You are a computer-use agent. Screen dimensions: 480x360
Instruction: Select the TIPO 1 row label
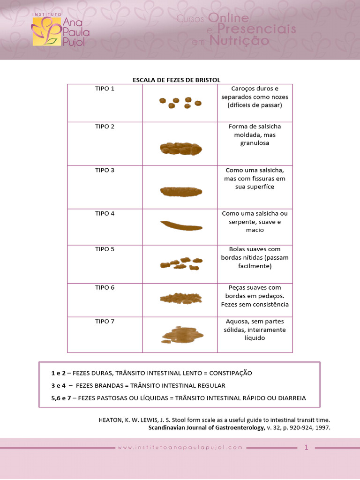pyautogui.click(x=105, y=89)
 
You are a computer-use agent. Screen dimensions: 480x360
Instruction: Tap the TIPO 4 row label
pyautogui.click(x=105, y=214)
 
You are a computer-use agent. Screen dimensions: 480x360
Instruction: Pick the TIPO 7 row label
pyautogui.click(x=105, y=322)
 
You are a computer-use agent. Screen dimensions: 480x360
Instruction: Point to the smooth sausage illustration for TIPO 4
pyautogui.click(x=181, y=225)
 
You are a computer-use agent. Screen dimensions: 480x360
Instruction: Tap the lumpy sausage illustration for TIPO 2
pyautogui.click(x=181, y=149)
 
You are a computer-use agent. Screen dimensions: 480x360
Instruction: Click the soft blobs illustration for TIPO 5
pyautogui.click(x=181, y=264)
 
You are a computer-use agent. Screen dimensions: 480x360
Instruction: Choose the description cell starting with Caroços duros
pyautogui.click(x=255, y=97)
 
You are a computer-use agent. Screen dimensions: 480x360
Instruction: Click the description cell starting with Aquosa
pyautogui.click(x=255, y=330)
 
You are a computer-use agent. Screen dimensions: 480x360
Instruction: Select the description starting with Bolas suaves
pyautogui.click(x=255, y=257)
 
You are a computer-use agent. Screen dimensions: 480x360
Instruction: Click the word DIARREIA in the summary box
pyautogui.click(x=290, y=398)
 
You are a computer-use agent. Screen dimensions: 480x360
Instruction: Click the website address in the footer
pyautogui.click(x=180, y=448)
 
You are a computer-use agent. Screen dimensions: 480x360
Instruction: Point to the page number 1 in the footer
pyautogui.click(x=307, y=448)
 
